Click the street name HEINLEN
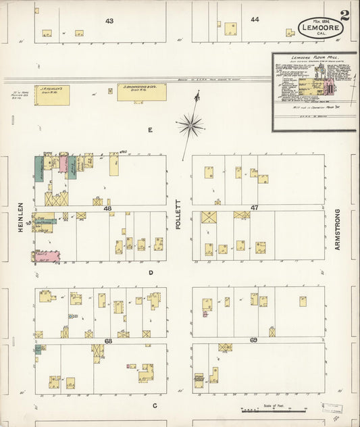click(21, 219)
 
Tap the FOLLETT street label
click(179, 215)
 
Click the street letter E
click(151, 129)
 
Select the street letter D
click(151, 273)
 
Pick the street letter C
click(155, 405)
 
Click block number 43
click(109, 21)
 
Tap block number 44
click(255, 20)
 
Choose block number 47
click(255, 208)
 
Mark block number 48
click(107, 209)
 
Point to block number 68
click(108, 341)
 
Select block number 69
click(254, 340)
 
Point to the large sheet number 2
click(345, 16)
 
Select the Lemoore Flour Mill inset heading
click(313, 59)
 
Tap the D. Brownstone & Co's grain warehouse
click(141, 92)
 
